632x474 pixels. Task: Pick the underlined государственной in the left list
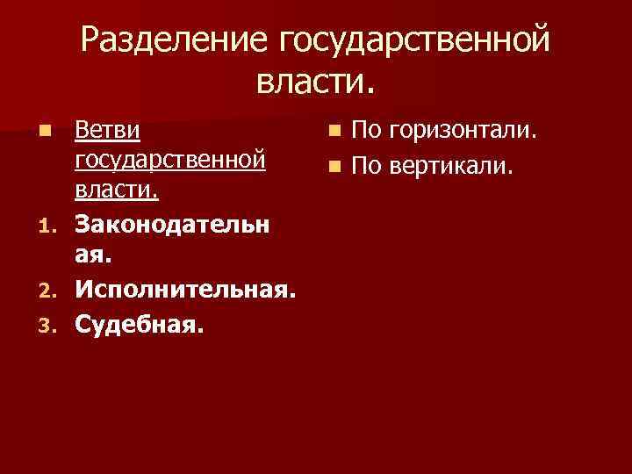(x=171, y=161)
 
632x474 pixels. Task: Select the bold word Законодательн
(x=173, y=224)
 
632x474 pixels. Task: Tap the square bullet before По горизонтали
(x=333, y=133)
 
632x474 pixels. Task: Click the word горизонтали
(x=462, y=133)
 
